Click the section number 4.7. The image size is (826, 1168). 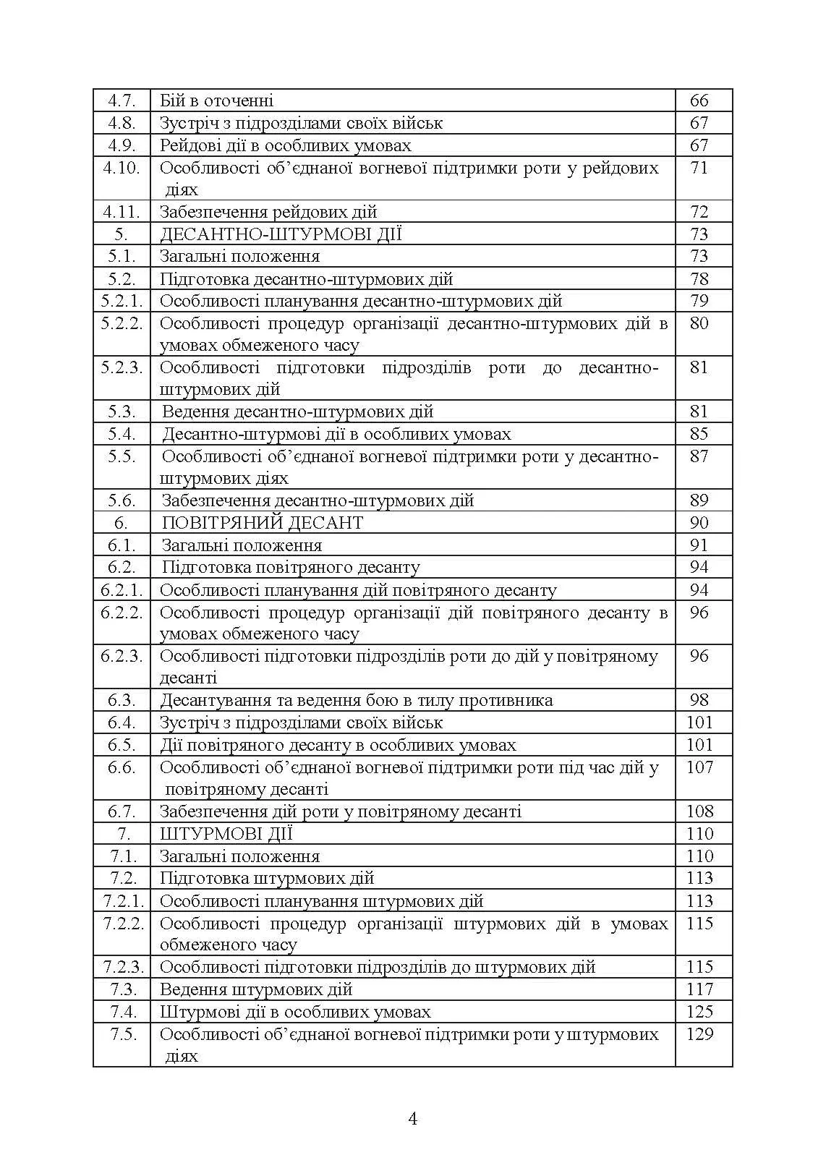(122, 101)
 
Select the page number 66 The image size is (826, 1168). (699, 101)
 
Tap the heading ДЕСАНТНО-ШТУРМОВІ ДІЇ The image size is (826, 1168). (281, 234)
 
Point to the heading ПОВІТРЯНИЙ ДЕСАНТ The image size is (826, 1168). (262, 523)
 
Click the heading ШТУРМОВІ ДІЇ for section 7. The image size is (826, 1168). (226, 834)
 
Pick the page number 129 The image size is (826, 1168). (699, 1034)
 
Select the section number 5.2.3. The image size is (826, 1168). (122, 367)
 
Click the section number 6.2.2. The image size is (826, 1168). (122, 613)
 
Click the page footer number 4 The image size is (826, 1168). (413, 1120)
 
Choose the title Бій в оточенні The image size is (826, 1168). (216, 101)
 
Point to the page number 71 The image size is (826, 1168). (699, 168)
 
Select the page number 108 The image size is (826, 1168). (699, 811)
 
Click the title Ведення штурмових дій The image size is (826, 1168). (256, 989)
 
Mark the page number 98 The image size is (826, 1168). (699, 700)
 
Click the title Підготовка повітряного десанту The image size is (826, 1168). (290, 567)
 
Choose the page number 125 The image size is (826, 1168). (699, 1012)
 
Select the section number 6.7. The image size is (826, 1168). (122, 811)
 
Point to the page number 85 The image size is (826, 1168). (699, 434)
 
